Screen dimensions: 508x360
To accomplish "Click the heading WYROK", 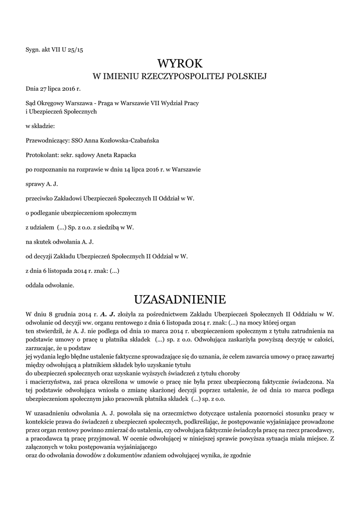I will [x=180, y=63].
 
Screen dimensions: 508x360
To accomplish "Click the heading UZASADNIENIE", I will [x=180, y=299].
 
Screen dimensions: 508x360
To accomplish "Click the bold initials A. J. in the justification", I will [x=107, y=314].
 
